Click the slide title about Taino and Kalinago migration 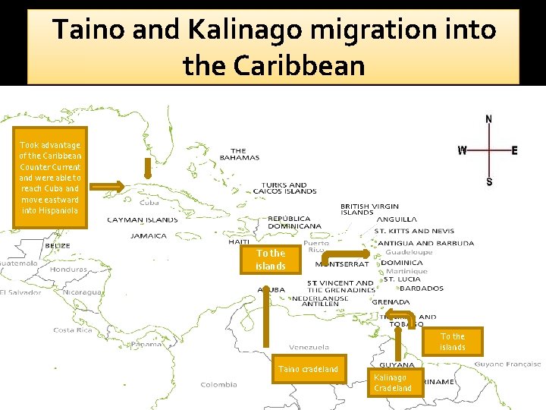pyautogui.click(x=273, y=47)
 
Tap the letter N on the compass pyautogui.click(x=488, y=119)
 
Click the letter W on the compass pyautogui.click(x=462, y=150)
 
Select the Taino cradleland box pyautogui.click(x=309, y=369)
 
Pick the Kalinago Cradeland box pyautogui.click(x=393, y=383)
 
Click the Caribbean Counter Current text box pyautogui.click(x=50, y=177)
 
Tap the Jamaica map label pyautogui.click(x=149, y=235)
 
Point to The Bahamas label pyautogui.click(x=240, y=154)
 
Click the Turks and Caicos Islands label pyautogui.click(x=289, y=188)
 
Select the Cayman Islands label pyautogui.click(x=143, y=220)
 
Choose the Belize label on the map pyautogui.click(x=57, y=246)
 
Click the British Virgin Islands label pyautogui.click(x=369, y=210)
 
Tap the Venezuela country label pyautogui.click(x=309, y=348)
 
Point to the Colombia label pyautogui.click(x=218, y=384)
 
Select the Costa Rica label pyautogui.click(x=74, y=330)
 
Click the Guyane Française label pyautogui.click(x=508, y=364)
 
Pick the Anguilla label pyautogui.click(x=396, y=220)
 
